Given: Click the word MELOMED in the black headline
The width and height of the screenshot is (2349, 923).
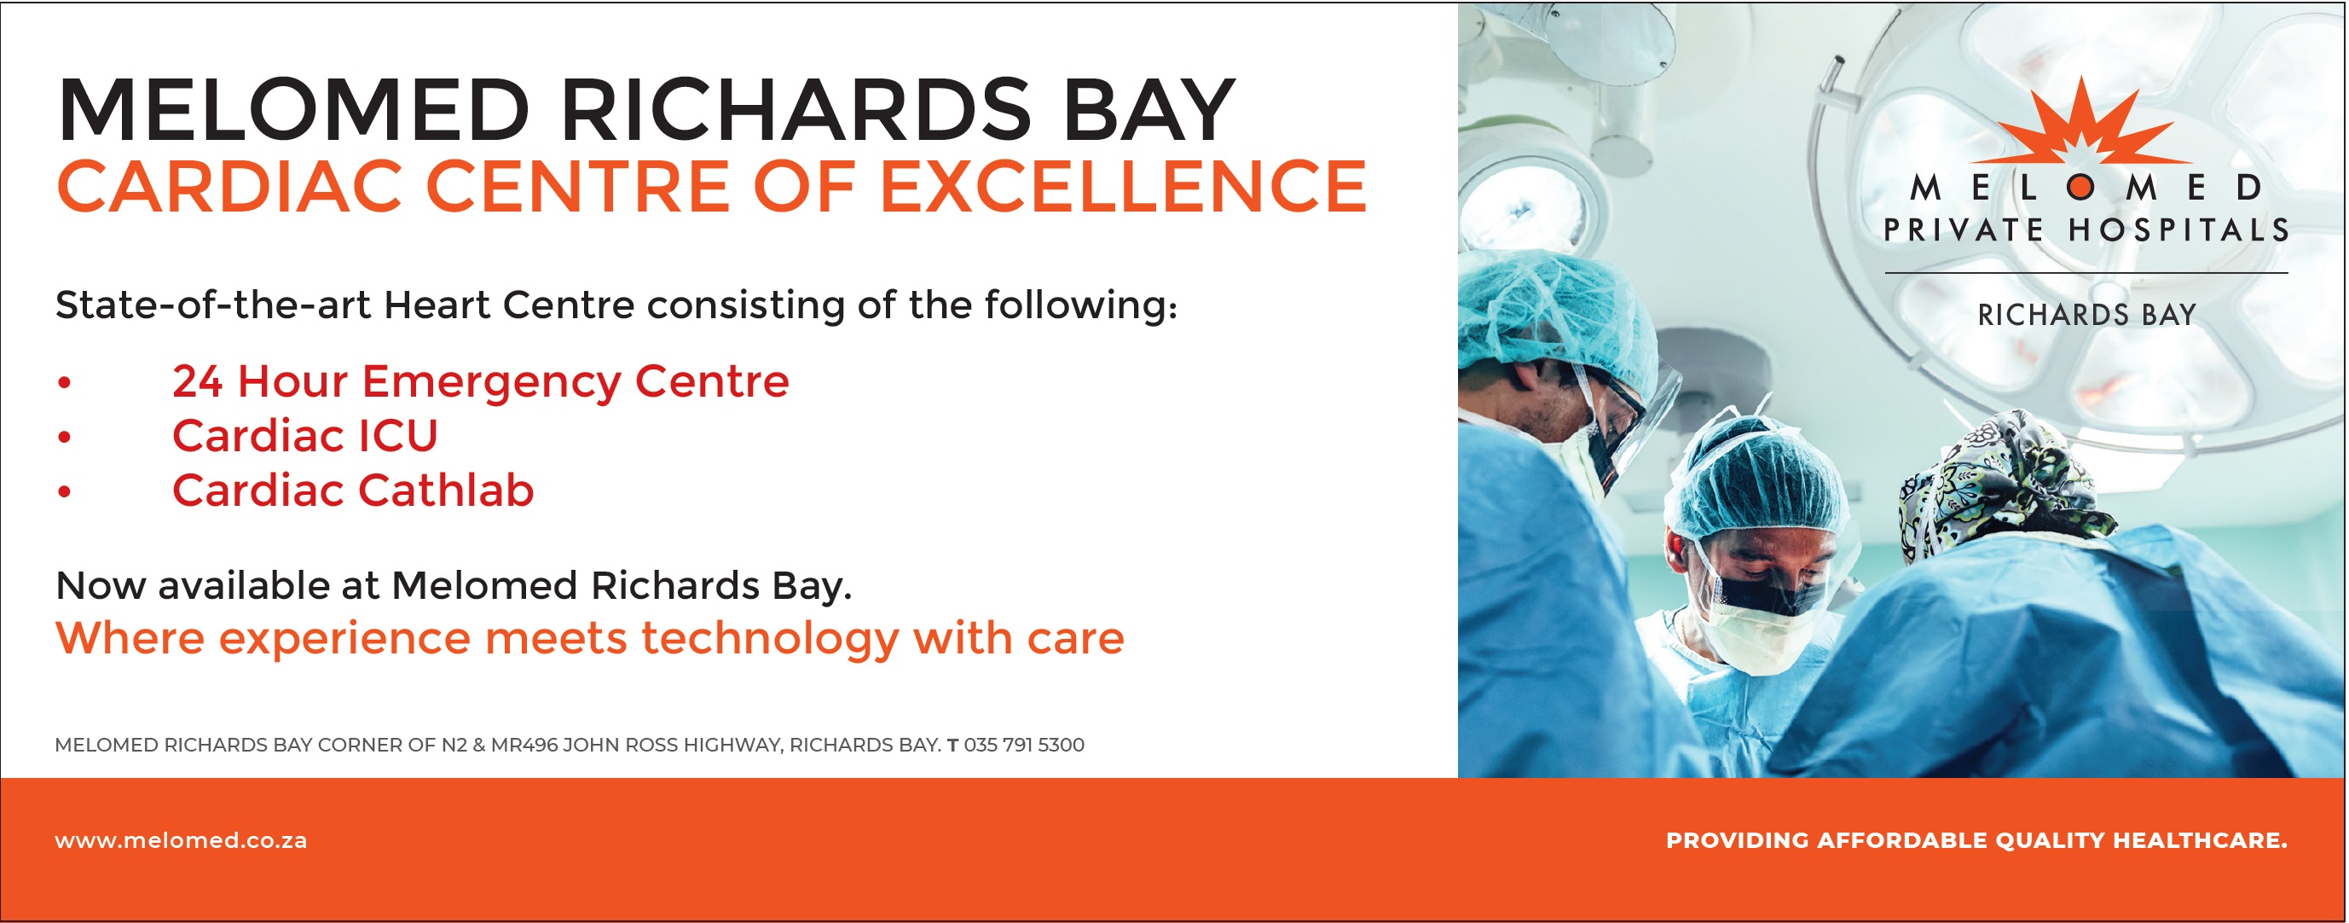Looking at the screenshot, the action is [x=293, y=110].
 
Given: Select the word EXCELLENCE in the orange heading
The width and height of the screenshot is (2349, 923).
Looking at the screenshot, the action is [x=1123, y=186].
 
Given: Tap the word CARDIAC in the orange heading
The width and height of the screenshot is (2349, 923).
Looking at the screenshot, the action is [x=230, y=186].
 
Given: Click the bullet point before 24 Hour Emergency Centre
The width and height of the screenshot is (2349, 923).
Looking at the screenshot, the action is [x=64, y=382].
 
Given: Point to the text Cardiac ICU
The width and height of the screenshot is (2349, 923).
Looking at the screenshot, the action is [x=304, y=436].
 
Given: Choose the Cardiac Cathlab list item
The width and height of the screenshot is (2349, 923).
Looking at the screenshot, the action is [x=353, y=491].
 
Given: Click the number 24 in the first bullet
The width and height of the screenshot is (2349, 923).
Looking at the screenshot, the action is [x=197, y=381].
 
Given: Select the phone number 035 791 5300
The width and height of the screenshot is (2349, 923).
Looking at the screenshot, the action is [x=1024, y=746].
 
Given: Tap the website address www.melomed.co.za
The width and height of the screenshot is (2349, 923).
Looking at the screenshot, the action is [x=181, y=840].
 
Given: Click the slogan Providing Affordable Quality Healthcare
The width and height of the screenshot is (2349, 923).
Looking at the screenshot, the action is [x=1977, y=840].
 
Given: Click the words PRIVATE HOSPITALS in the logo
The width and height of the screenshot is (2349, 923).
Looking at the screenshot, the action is [x=2086, y=229].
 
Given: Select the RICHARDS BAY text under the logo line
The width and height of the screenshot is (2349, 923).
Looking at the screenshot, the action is [x=2086, y=315].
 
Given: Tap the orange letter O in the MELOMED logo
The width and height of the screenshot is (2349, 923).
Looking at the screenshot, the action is [x=2081, y=188].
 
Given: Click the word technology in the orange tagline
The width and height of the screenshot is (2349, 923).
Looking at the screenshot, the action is [x=771, y=638].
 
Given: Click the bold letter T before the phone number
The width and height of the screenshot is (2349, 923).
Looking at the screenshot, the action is [x=952, y=746].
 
